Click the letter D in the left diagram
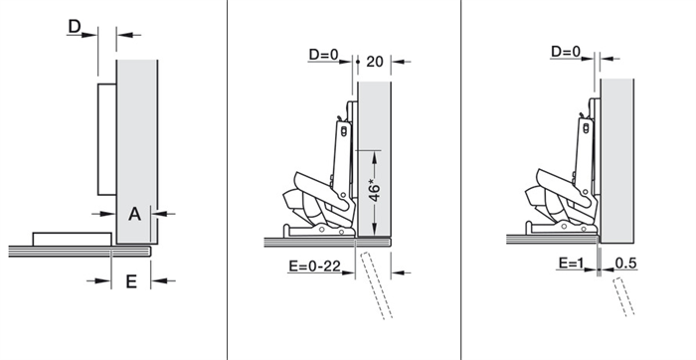click(x=75, y=27)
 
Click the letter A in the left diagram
click(x=134, y=215)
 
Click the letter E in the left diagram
click(x=131, y=281)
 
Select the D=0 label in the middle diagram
click(x=323, y=55)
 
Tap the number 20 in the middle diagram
click(x=375, y=62)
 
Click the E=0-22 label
click(x=315, y=266)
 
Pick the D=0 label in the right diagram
click(x=566, y=52)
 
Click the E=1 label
click(x=571, y=264)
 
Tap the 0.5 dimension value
click(x=625, y=264)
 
